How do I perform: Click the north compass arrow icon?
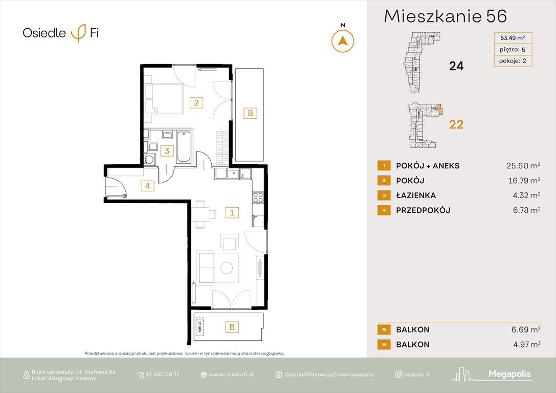pyautogui.click(x=343, y=41)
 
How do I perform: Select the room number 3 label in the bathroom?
pyautogui.click(x=166, y=151)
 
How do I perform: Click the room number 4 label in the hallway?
pyautogui.click(x=147, y=186)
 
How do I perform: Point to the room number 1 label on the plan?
pyautogui.click(x=232, y=212)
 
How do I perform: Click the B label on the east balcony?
pyautogui.click(x=250, y=114)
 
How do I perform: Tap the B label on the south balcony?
pyautogui.click(x=232, y=326)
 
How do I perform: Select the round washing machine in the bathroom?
pyautogui.click(x=150, y=159)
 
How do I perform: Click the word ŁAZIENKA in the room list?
pyautogui.click(x=416, y=195)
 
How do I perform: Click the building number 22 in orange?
pyautogui.click(x=456, y=124)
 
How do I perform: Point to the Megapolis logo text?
pyautogui.click(x=509, y=374)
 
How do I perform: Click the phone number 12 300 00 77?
pyautogui.click(x=162, y=375)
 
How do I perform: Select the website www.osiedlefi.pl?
pyautogui.click(x=231, y=375)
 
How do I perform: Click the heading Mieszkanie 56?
pyautogui.click(x=445, y=17)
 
